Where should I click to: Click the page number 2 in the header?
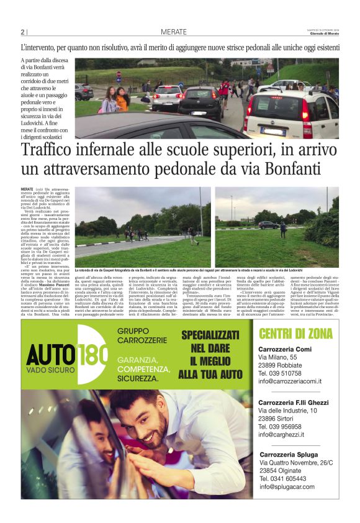click(x=22, y=32)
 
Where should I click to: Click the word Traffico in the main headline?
click(x=52, y=152)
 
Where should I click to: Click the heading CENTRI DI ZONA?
click(x=295, y=334)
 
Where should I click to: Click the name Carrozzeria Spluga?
click(x=289, y=455)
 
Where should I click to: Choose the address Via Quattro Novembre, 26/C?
click(x=295, y=463)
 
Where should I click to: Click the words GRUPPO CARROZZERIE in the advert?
click(x=141, y=336)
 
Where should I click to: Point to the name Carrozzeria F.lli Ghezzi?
click(x=292, y=402)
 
